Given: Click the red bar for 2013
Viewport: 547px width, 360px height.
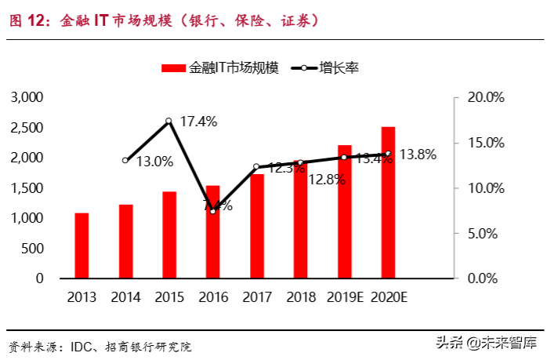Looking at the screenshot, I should pos(82,245).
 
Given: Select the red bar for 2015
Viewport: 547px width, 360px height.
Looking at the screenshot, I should pos(169,235).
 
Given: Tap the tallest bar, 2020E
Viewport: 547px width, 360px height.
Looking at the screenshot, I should pos(388,202).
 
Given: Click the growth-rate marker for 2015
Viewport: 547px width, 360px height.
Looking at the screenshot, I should pos(169,121).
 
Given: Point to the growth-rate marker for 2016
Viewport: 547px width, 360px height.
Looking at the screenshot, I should pos(212,211).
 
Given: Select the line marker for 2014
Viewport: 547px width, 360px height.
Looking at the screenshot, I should pos(125,160).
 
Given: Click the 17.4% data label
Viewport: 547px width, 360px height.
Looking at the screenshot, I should pos(198,122).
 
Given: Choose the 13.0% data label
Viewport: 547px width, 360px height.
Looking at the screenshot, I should pos(154,162).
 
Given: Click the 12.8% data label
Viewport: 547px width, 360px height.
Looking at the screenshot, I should pos(327,180).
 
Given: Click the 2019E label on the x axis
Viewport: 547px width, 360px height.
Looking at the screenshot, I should pos(344,297).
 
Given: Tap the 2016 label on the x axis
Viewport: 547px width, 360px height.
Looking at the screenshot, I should pos(212,297).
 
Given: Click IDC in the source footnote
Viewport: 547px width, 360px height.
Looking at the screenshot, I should pos(82,346).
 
